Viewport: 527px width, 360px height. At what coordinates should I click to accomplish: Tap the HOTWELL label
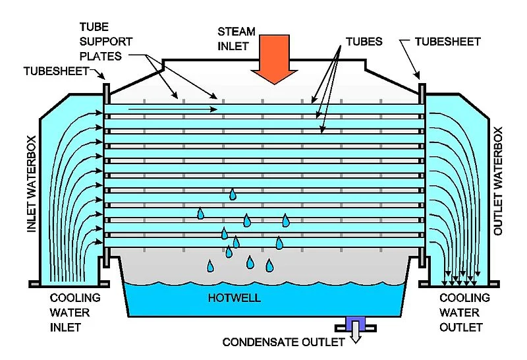235,298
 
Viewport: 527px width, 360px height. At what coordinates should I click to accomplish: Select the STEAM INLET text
236,39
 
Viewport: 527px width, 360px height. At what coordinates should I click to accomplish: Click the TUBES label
364,42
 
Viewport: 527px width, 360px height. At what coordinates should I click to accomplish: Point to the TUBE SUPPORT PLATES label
106,42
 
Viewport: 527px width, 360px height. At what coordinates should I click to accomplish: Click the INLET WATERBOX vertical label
31,184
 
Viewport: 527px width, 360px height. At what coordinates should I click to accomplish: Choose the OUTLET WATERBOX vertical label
498,181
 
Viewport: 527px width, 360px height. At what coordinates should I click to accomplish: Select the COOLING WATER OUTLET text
464,313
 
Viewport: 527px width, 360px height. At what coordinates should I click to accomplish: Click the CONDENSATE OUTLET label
284,342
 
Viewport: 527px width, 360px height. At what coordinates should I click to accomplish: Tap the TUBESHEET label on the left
56,71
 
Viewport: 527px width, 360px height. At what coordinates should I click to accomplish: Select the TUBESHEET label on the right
447,42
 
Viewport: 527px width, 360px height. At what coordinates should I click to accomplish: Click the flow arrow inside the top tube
173,109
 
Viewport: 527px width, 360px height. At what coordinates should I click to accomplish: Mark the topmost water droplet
233,194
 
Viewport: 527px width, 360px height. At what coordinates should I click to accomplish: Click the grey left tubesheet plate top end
106,85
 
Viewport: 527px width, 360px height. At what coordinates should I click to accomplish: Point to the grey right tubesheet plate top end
422,85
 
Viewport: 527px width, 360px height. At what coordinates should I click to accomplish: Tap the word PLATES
101,56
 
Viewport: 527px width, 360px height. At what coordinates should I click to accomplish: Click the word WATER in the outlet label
459,313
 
